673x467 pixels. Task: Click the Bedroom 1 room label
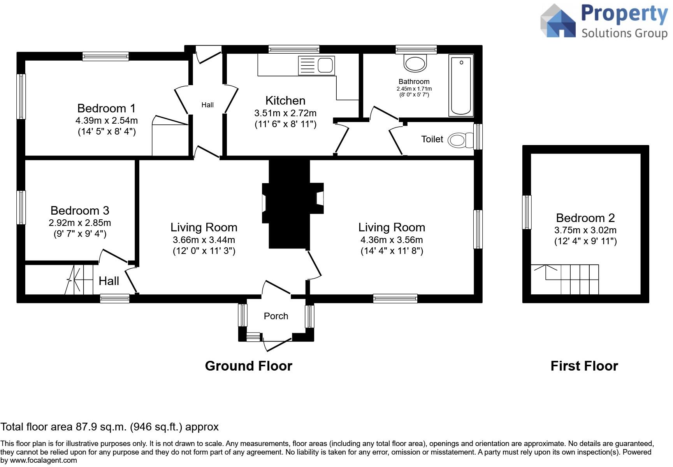click(x=106, y=108)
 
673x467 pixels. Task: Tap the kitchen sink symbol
click(x=316, y=65)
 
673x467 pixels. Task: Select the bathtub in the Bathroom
click(x=461, y=85)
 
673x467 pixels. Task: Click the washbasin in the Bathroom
click(x=415, y=63)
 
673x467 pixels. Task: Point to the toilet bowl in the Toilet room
click(x=458, y=140)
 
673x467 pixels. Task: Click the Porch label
click(x=276, y=316)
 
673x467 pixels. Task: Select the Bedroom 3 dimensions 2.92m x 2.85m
click(x=80, y=223)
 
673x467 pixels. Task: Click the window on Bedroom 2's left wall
click(x=527, y=212)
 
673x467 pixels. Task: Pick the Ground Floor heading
click(x=248, y=366)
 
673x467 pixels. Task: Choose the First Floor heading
click(x=584, y=366)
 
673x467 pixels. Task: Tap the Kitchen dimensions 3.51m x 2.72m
click(x=285, y=113)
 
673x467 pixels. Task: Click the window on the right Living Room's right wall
click(x=478, y=229)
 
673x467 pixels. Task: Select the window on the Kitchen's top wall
click(x=294, y=49)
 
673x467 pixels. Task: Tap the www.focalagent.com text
click(x=44, y=460)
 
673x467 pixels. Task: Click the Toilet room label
click(x=432, y=139)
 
